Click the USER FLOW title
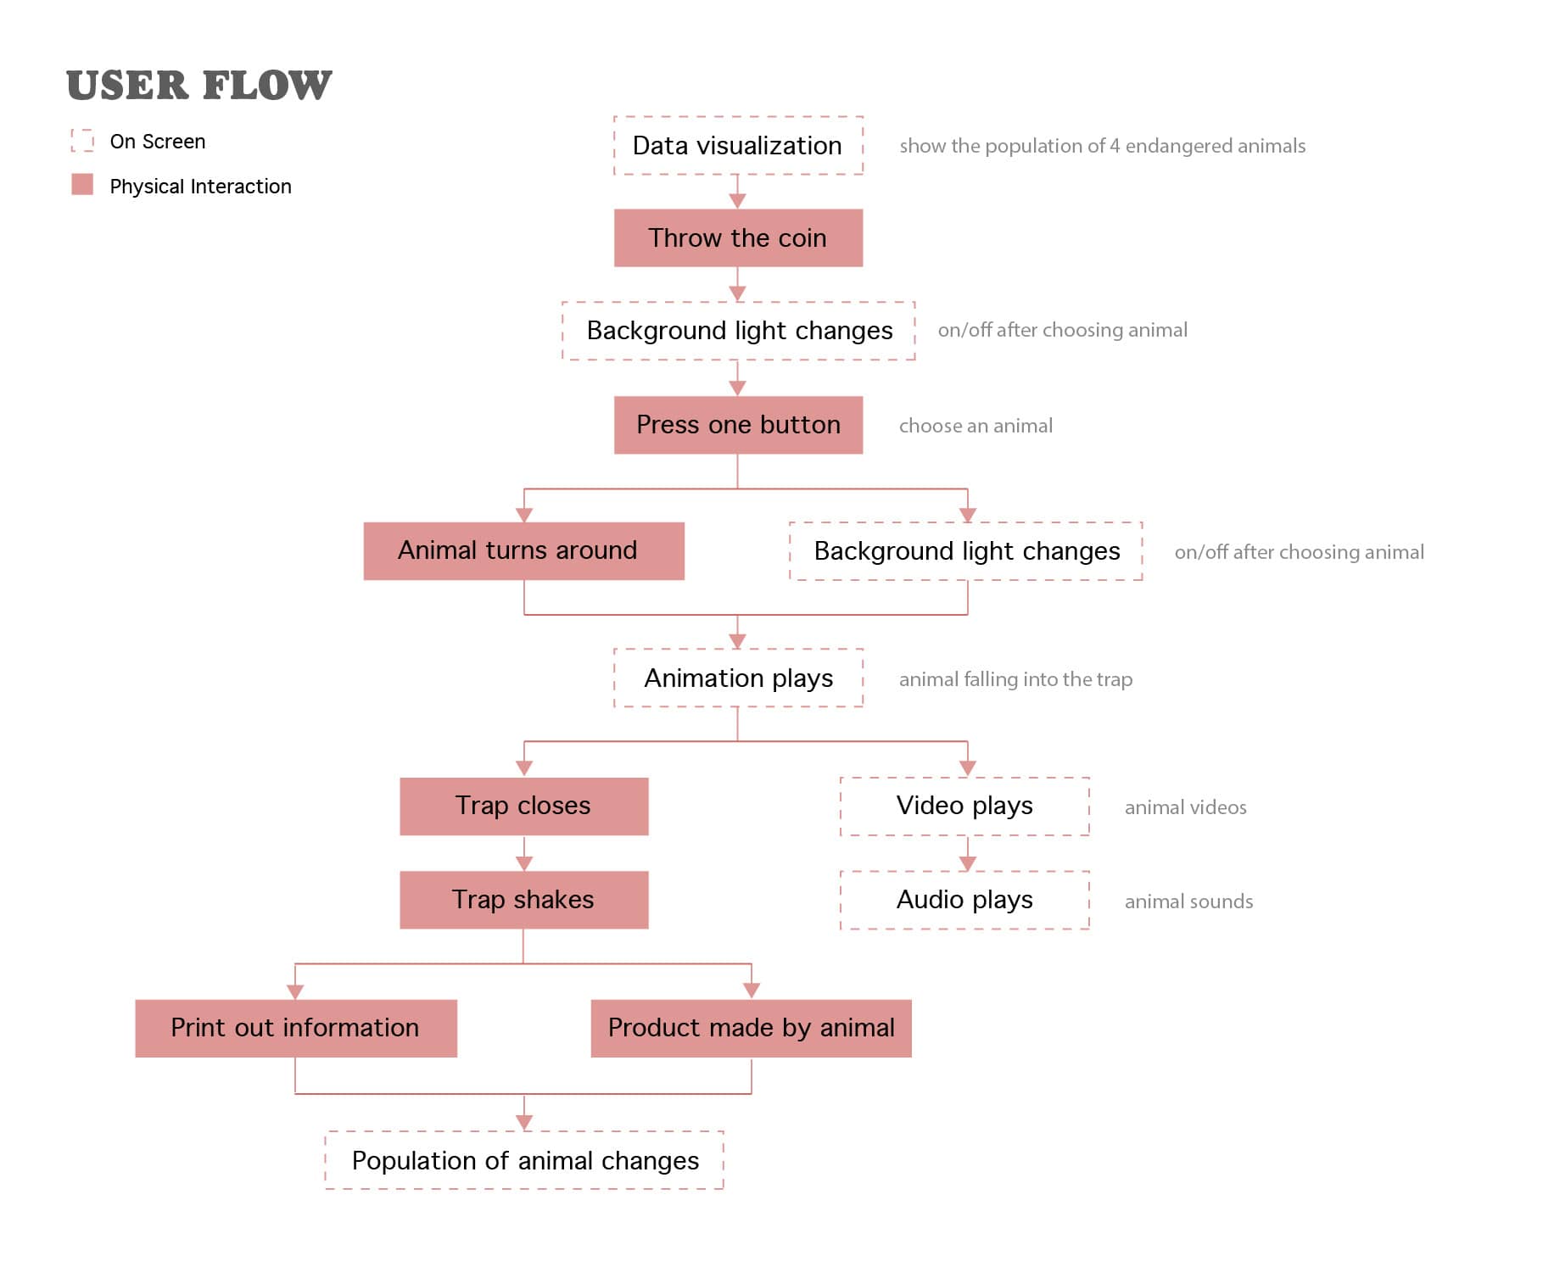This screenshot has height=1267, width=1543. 198,85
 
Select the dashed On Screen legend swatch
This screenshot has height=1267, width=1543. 82,141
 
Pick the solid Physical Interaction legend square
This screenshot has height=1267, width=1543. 82,184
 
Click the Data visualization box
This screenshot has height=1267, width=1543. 738,146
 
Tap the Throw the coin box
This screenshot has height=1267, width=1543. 738,238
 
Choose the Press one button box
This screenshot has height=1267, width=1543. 738,425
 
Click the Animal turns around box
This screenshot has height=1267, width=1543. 523,551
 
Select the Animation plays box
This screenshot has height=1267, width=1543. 738,678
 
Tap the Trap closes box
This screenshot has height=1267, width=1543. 523,806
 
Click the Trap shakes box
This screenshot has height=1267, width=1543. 523,900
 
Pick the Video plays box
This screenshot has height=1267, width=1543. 964,806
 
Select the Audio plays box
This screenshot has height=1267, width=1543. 964,900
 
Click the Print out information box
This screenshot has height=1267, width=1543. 295,1028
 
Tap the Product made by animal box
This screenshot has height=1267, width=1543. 751,1028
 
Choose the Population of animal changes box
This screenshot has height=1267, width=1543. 524,1160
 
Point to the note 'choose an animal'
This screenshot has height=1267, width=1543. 976,426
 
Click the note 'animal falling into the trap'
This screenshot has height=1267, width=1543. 1015,679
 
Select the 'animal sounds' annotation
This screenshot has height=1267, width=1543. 1188,901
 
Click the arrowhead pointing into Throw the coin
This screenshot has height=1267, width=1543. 737,201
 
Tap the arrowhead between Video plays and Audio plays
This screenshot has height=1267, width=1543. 967,863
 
